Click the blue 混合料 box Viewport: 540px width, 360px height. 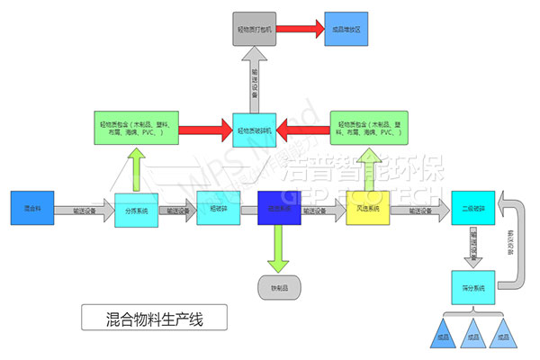click(31, 209)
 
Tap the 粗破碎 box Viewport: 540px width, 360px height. click(217, 210)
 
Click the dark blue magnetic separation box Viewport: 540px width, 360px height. click(278, 209)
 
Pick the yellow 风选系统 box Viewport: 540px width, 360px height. click(367, 210)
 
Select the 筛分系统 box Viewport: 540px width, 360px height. click(471, 287)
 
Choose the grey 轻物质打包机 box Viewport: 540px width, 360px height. click(253, 30)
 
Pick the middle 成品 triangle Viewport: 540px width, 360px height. click(471, 333)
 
